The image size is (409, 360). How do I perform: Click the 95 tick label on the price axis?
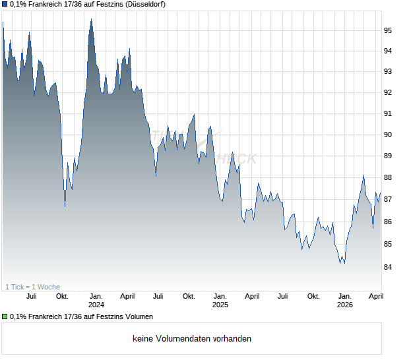click(x=389, y=30)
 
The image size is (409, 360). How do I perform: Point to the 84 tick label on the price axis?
click(x=389, y=267)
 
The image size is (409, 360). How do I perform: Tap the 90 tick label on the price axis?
click(x=389, y=135)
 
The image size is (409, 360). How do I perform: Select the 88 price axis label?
click(x=389, y=177)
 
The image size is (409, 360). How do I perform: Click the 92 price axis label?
click(x=389, y=93)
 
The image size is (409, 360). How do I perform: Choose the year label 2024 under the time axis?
click(x=96, y=305)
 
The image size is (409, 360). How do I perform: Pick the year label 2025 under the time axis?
click(x=220, y=305)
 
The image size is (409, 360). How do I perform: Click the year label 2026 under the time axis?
click(x=344, y=305)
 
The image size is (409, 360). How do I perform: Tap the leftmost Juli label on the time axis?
click(x=31, y=297)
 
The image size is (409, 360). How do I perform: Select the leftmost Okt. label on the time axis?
click(x=62, y=297)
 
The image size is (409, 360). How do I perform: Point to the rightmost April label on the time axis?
click(x=376, y=297)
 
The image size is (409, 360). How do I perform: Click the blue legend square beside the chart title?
click(x=5, y=5)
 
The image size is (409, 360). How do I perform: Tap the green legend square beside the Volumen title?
click(x=5, y=317)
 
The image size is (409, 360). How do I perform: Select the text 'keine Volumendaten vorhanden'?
click(x=192, y=339)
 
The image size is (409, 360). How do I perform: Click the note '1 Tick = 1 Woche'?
click(x=32, y=287)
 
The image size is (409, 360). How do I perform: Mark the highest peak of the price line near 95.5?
click(x=91, y=19)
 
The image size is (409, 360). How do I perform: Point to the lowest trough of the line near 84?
click(x=341, y=263)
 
